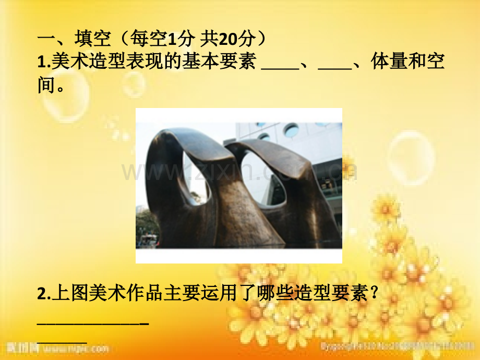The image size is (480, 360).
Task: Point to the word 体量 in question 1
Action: tap(389, 62)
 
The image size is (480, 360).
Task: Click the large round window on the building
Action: tap(291, 130)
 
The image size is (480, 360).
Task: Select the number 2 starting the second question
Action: tap(42, 295)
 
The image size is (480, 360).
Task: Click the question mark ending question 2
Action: tap(373, 295)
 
